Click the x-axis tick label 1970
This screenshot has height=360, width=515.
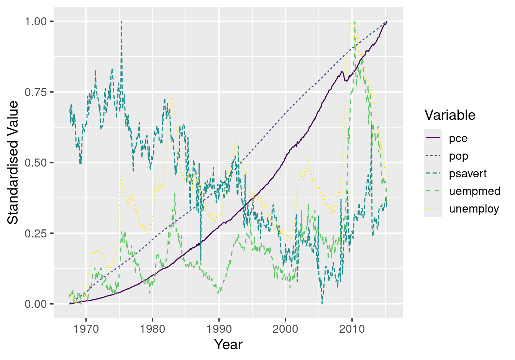coord(86,329)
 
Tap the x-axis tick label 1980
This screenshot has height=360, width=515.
coord(153,329)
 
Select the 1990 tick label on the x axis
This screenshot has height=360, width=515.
coord(219,329)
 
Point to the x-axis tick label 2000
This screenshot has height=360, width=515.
coord(285,329)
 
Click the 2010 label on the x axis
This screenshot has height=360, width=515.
coord(352,329)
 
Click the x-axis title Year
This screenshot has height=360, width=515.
coord(228,345)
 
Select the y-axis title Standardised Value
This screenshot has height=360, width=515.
coord(13,162)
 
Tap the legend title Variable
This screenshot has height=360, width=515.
coord(450,115)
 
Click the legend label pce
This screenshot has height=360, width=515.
coord(458,138)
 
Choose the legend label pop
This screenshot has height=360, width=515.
coord(459,156)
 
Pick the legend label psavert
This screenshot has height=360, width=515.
coord(467,173)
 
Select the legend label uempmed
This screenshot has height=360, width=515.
coord(474,191)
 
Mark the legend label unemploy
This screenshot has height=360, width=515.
coord(474,209)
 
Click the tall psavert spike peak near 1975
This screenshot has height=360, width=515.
coord(121,21)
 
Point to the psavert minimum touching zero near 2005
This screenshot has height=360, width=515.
coord(322,304)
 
